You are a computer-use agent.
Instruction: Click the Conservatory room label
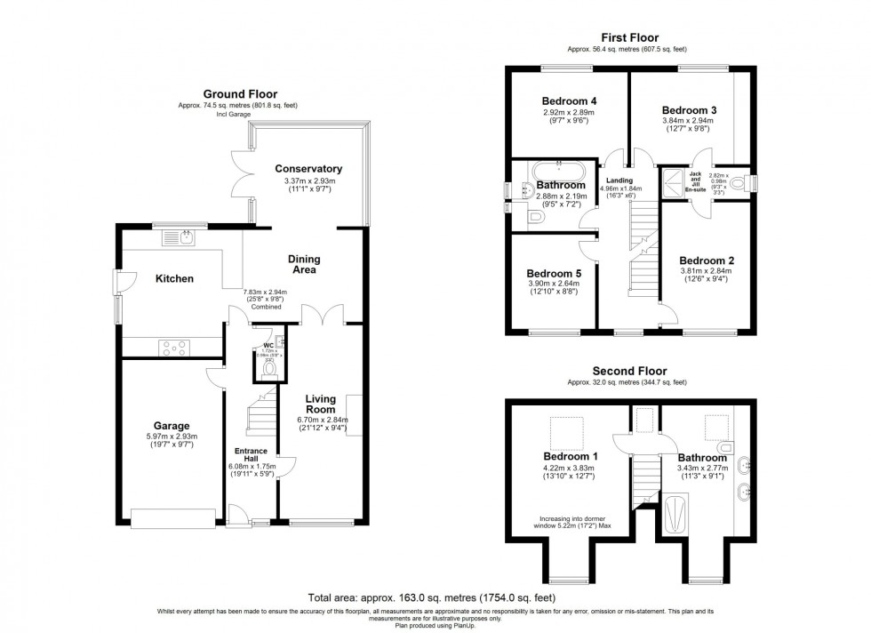point(308,169)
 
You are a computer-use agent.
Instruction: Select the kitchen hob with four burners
point(172,348)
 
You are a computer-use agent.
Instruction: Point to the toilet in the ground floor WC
point(270,366)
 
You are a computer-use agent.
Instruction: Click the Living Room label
point(321,405)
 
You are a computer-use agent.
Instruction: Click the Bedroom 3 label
point(689,109)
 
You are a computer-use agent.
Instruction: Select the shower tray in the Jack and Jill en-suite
point(674,182)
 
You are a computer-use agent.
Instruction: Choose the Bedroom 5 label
point(554,273)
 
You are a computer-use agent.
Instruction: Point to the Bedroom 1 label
point(570,456)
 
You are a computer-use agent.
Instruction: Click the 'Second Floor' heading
point(629,371)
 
